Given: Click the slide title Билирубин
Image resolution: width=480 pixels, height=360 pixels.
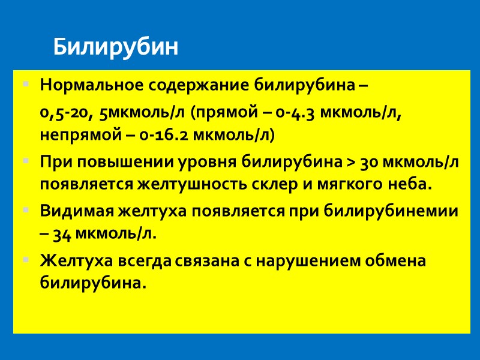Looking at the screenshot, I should pos(116,46).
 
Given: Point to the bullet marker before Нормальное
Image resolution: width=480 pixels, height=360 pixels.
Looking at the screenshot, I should pos(25,86).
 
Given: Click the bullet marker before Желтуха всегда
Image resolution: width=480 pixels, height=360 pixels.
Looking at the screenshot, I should pos(25,262).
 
